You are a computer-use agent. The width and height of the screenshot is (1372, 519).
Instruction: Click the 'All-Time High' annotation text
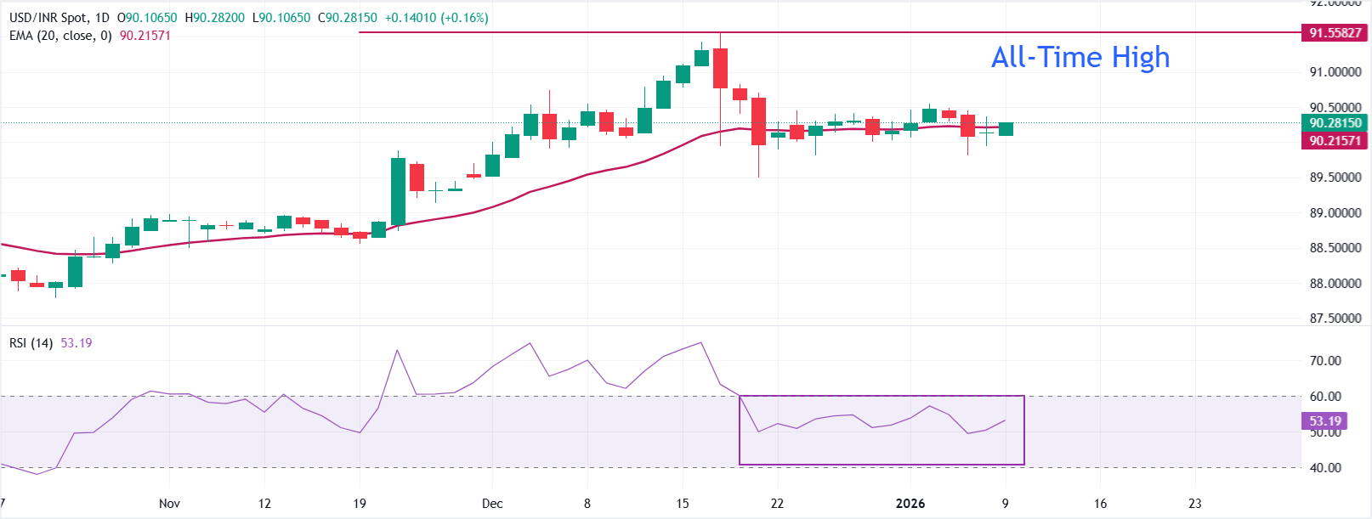[x=1080, y=58]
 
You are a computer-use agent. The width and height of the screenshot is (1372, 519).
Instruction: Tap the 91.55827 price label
[x=1335, y=33]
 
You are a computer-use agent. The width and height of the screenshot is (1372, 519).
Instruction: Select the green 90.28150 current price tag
[x=1335, y=123]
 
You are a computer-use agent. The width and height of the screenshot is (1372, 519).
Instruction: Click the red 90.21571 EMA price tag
[x=1335, y=141]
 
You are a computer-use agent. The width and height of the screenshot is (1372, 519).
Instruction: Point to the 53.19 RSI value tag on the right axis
[x=1324, y=421]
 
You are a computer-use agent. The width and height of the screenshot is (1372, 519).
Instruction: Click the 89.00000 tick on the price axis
[x=1335, y=213]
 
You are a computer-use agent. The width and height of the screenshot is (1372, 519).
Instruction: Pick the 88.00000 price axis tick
[x=1335, y=284]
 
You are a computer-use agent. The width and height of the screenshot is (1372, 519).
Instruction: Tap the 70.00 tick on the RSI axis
[x=1325, y=361]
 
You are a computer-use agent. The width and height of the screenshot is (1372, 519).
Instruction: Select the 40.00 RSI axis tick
[x=1325, y=468]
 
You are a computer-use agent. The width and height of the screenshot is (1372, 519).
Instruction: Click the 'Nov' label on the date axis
[x=169, y=504]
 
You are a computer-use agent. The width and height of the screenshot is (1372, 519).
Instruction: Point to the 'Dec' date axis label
[x=492, y=504]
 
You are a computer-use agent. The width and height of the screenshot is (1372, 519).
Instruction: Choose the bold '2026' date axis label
[x=910, y=504]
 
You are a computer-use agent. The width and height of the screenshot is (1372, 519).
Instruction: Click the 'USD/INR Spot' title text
[x=48, y=18]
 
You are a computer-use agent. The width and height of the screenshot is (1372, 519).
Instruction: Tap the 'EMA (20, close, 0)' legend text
[x=60, y=36]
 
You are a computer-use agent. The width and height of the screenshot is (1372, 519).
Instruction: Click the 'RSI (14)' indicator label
[x=31, y=343]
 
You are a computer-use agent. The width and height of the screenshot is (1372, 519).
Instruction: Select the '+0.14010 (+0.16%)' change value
[x=436, y=18]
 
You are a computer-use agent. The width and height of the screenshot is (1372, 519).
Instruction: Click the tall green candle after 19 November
[x=398, y=191]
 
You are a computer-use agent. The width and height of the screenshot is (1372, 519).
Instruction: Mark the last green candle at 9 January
[x=1006, y=129]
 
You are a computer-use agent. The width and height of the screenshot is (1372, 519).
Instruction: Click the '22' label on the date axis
[x=777, y=504]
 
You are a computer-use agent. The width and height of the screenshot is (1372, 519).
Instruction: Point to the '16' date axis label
[x=1100, y=504]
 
